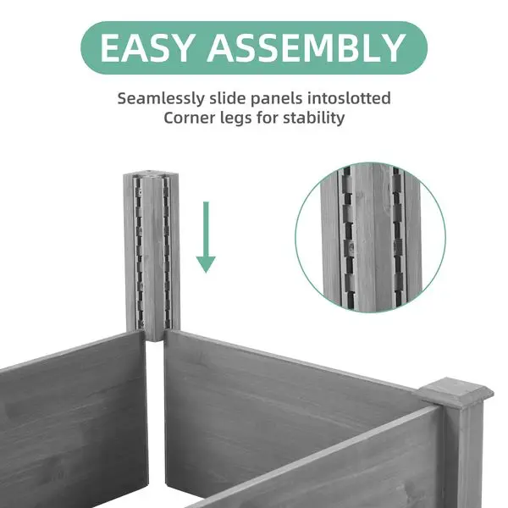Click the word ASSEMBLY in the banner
[306, 48]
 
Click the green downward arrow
[206, 241]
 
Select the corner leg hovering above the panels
[152, 254]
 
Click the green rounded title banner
[254, 48]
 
